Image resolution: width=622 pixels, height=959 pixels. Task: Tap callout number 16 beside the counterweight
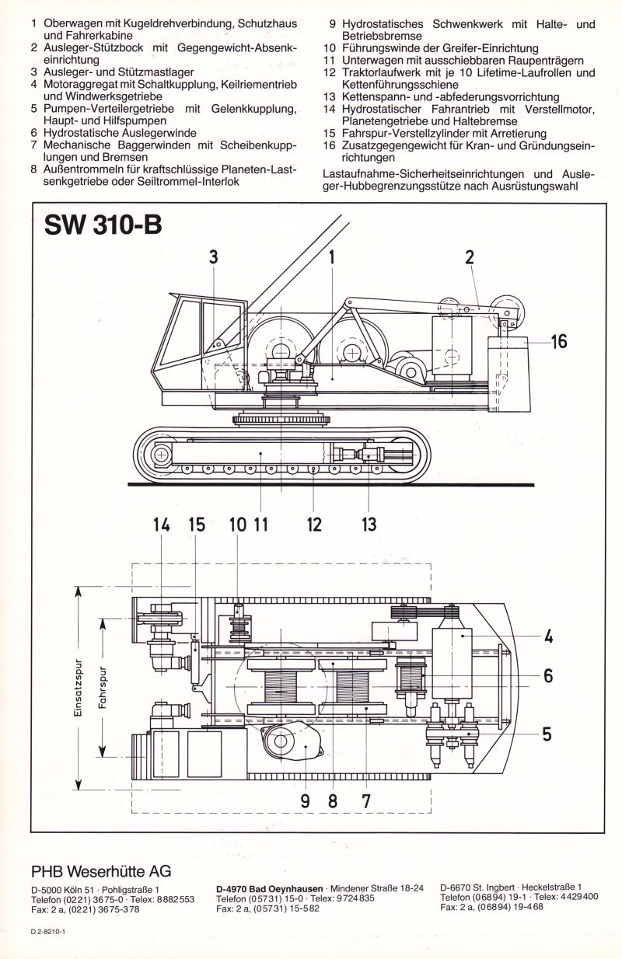(x=557, y=341)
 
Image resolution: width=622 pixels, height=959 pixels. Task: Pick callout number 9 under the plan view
(x=306, y=800)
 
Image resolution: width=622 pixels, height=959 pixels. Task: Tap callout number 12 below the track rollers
(x=313, y=525)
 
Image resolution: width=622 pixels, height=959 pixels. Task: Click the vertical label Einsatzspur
(x=81, y=689)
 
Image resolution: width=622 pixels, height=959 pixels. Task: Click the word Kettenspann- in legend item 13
(x=375, y=97)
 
